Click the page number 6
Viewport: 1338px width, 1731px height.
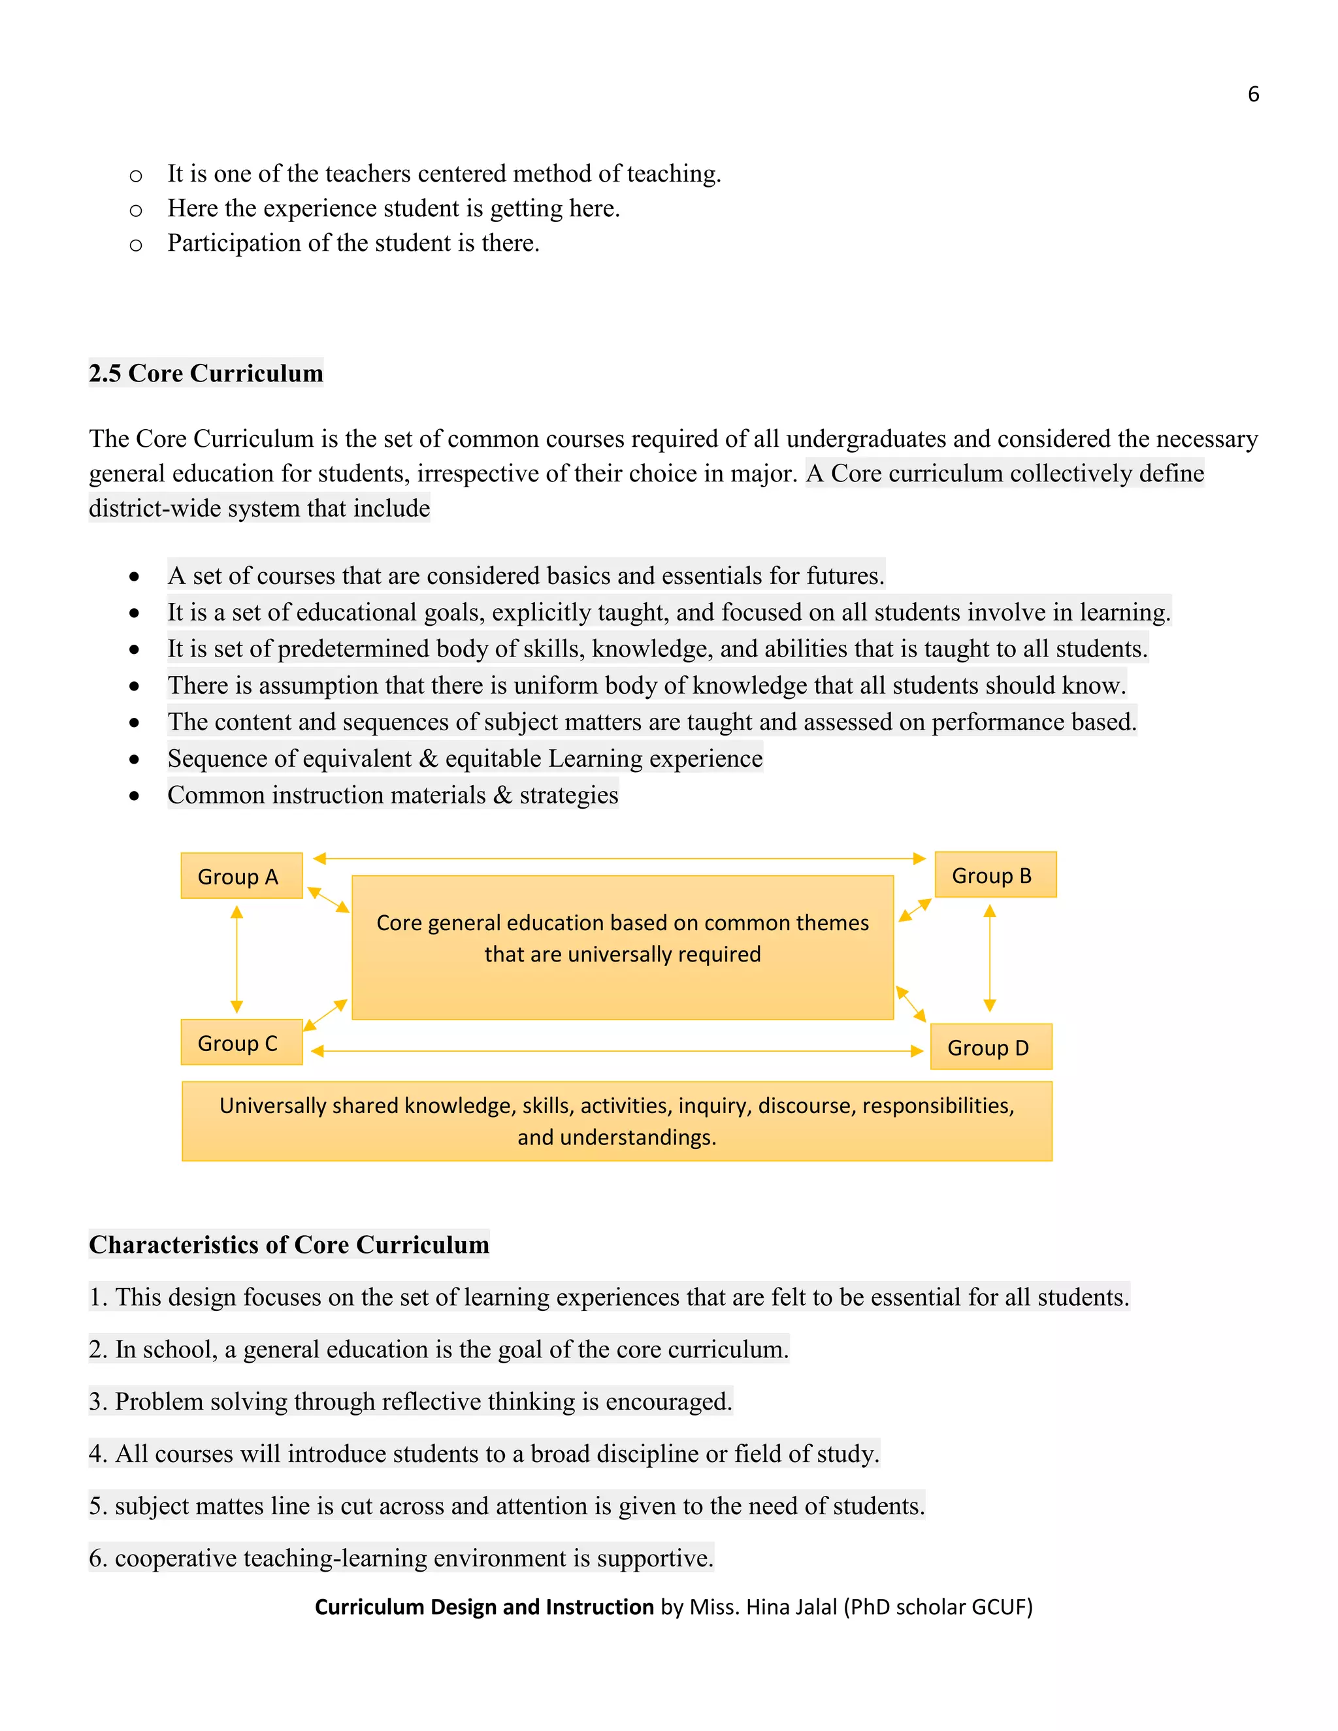click(x=1253, y=94)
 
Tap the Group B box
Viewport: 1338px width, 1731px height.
click(x=995, y=875)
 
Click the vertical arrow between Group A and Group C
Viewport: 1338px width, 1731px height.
click(x=237, y=959)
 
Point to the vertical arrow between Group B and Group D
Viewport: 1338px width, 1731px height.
click(x=989, y=958)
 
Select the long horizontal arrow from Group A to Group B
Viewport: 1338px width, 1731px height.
click(x=618, y=858)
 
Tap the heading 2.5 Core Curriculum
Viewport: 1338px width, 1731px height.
click(x=205, y=373)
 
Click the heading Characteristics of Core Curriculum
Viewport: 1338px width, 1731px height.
click(x=289, y=1244)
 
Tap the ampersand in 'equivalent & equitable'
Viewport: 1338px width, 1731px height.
click(x=428, y=758)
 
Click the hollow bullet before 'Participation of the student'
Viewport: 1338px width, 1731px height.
click(x=135, y=245)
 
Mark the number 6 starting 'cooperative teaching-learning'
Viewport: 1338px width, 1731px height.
click(x=97, y=1558)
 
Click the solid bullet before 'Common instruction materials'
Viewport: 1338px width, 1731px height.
click(x=135, y=796)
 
